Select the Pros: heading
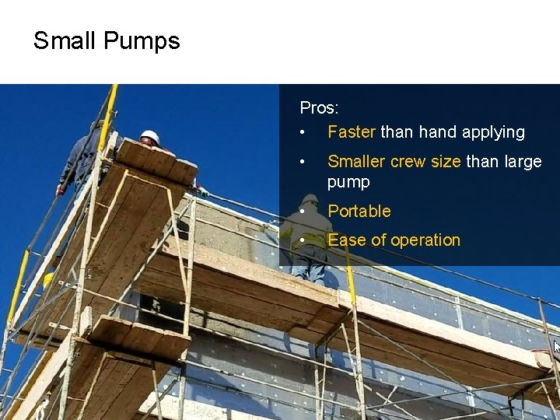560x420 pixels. [319, 108]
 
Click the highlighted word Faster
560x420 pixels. [352, 132]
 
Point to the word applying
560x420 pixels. [493, 132]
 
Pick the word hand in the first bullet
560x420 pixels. [438, 132]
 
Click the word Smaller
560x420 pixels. [356, 161]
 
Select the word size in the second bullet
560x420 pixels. [446, 161]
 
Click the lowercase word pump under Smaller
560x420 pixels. [348, 182]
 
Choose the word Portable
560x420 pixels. [359, 211]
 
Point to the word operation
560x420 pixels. [425, 240]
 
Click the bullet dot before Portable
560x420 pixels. [303, 212]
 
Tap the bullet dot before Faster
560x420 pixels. [303, 133]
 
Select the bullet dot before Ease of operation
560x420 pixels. [303, 240]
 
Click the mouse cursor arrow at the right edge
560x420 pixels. [556, 347]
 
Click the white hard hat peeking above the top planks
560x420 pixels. [149, 137]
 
